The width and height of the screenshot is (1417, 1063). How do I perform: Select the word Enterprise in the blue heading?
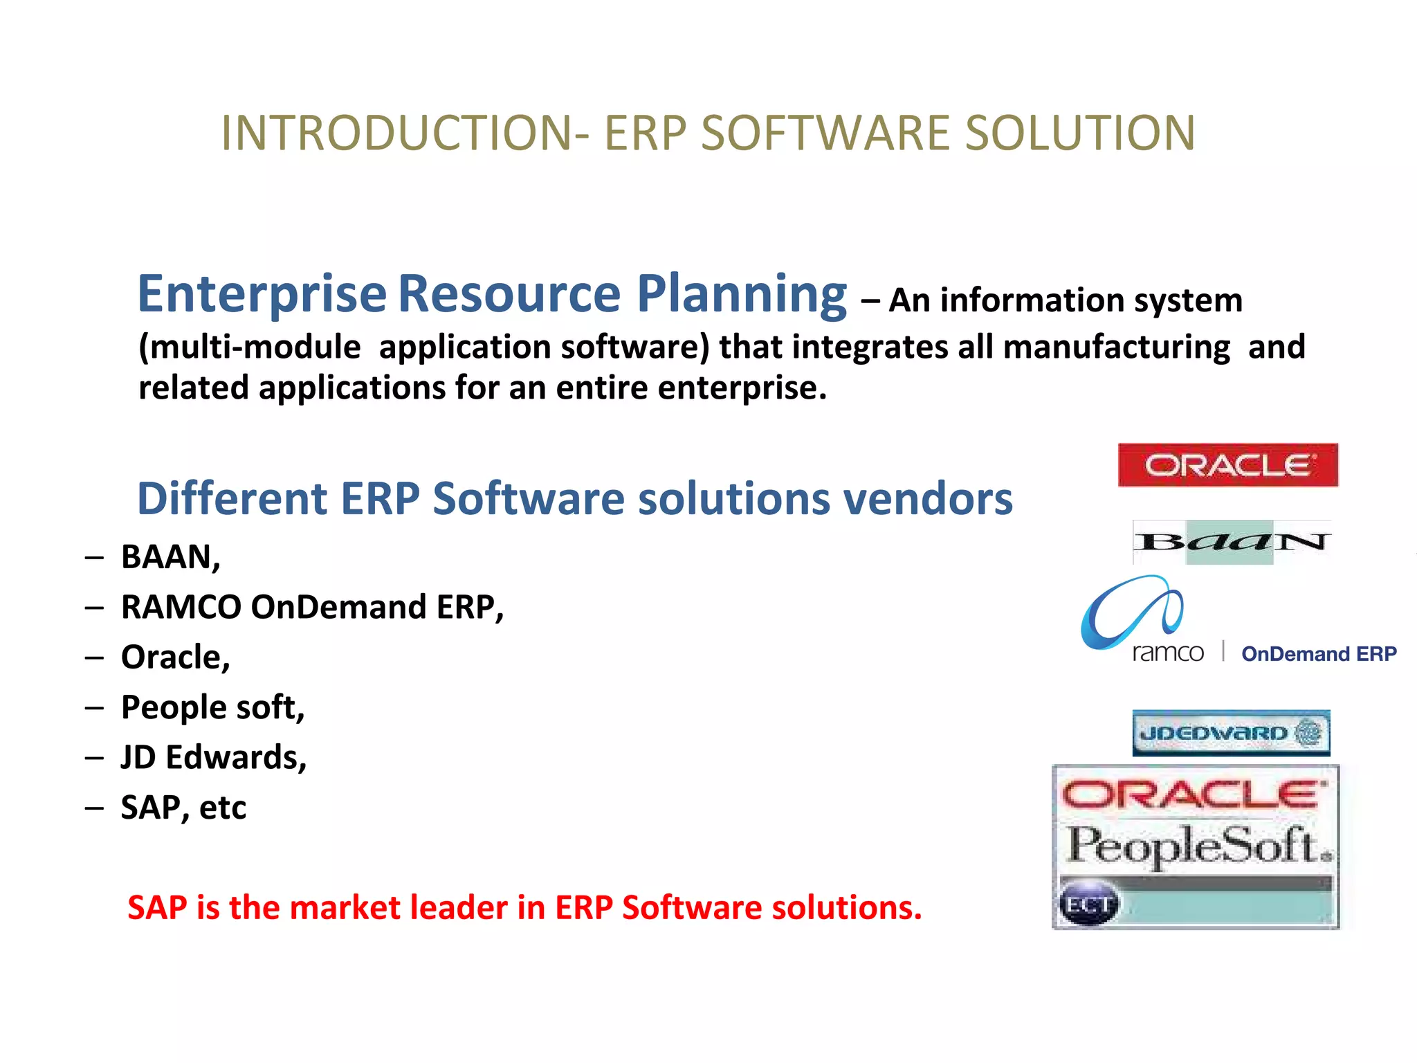(262, 293)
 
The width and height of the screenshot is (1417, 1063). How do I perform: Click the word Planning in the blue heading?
(741, 293)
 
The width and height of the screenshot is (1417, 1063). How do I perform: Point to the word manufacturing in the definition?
(1116, 347)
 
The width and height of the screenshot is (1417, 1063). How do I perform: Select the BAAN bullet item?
(170, 557)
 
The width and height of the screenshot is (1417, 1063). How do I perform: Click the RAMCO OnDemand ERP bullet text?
(312, 607)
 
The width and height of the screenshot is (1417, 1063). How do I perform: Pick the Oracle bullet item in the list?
(175, 657)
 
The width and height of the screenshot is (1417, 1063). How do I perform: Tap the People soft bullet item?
(212, 707)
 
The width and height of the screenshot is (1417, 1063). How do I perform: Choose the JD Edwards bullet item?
(213, 757)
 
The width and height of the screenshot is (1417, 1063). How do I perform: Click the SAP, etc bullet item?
(183, 807)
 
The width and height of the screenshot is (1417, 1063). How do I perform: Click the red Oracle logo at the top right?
(1227, 465)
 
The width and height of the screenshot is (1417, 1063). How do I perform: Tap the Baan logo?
(1232, 542)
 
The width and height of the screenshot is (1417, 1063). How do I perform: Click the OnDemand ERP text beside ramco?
(1319, 654)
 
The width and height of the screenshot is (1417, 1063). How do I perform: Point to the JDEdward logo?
(1230, 733)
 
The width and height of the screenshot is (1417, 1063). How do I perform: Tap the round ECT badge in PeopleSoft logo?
(1089, 905)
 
